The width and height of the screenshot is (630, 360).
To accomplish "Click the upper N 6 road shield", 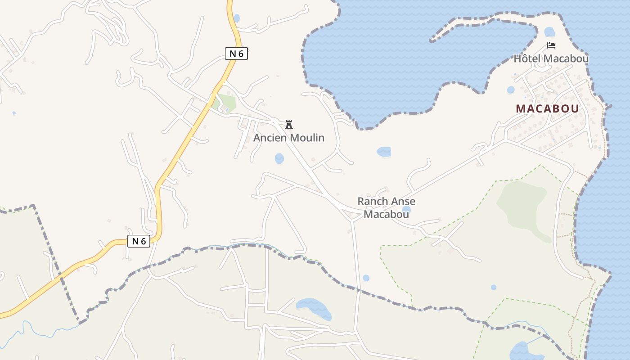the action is tap(236, 54).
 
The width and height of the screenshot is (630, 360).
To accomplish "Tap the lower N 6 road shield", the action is tap(139, 241).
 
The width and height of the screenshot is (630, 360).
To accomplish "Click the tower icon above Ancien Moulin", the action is tap(289, 125).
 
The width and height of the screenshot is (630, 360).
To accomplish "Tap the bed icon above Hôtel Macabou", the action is tap(551, 45).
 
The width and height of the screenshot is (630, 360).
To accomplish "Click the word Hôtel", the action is tap(527, 58).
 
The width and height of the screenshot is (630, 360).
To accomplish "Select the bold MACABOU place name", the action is tap(547, 108).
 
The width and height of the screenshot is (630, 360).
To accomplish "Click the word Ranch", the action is tap(372, 201).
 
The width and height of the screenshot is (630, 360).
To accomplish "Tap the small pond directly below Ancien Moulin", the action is tap(279, 158).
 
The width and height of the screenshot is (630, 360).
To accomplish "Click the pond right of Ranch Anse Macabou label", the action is tap(406, 209).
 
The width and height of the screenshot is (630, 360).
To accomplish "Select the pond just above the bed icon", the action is tap(549, 32).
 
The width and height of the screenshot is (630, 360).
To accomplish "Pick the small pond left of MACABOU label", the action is tap(510, 90).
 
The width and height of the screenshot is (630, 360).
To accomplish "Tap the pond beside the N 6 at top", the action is tap(237, 18).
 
